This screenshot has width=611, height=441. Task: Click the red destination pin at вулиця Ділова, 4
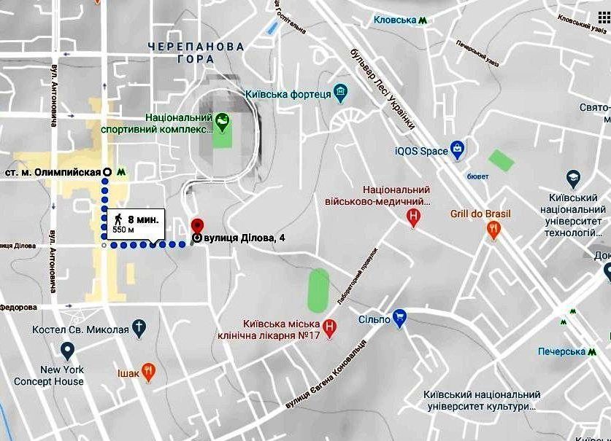[x=196, y=225]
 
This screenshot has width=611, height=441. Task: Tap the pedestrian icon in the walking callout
[x=118, y=218]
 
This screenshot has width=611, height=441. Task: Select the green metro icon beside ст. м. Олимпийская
[x=121, y=172]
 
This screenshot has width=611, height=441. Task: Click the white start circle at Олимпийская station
[x=107, y=172]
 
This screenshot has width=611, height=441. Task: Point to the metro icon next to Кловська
[x=423, y=21]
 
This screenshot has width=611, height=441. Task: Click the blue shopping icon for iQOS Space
[x=458, y=151]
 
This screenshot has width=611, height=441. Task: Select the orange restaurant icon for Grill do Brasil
[x=494, y=231]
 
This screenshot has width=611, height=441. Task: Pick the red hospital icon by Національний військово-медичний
[x=414, y=216]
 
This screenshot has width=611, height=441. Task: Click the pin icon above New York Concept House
[x=67, y=353]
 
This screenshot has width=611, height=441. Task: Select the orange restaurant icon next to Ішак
[x=148, y=372]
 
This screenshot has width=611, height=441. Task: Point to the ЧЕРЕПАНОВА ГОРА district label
[x=185, y=52]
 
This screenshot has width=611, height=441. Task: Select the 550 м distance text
[x=123, y=229]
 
